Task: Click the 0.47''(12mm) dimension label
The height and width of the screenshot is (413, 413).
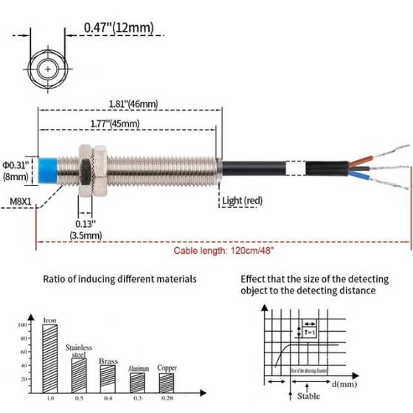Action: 119,28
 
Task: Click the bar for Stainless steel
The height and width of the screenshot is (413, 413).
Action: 79,372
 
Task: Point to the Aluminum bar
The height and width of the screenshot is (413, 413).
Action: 137,381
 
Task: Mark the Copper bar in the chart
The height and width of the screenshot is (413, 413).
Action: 166,381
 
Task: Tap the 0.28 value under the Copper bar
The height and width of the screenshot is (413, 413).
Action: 167,398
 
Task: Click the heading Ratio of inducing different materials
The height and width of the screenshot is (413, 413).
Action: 119,279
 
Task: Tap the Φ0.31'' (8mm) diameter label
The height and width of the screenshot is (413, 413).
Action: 15,170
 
